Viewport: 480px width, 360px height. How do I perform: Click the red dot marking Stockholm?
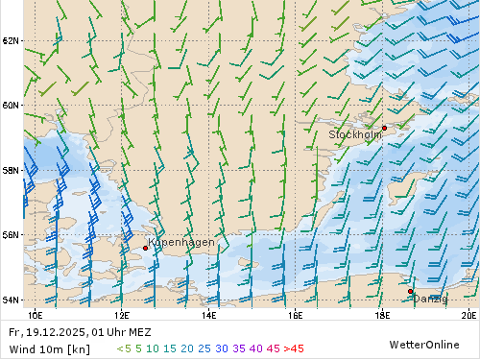pos(384,128)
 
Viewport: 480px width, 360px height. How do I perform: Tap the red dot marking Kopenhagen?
pos(145,248)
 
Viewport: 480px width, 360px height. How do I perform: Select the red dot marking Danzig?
pos(410,291)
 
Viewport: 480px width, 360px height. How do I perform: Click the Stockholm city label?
pos(355,135)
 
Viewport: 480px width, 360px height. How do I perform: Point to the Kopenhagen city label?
pos(182,243)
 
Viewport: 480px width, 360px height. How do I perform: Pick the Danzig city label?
pos(430,299)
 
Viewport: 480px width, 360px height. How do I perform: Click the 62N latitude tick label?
pos(11,41)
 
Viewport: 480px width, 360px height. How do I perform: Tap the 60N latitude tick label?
pos(11,106)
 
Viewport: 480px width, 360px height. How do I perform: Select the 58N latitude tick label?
pos(11,171)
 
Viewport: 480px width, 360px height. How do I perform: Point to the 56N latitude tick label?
pos(11,235)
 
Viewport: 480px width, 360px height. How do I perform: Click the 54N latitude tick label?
pos(11,300)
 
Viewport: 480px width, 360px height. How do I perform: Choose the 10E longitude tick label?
pos(36,314)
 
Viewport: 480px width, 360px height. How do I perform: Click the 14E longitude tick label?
pos(208,314)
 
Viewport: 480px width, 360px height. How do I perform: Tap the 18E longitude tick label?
pos(382,314)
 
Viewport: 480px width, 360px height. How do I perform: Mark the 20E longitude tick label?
pos(468,314)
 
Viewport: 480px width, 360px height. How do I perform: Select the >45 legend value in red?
pos(294,348)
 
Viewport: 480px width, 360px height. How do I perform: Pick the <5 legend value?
pos(124,348)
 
